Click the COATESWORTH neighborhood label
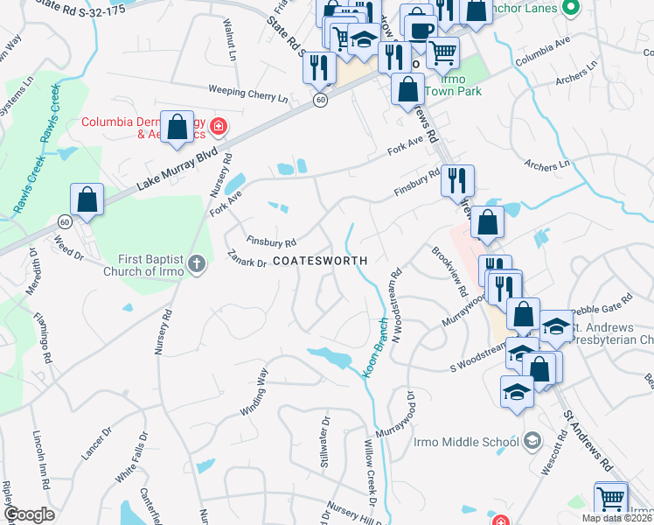(x=319, y=261)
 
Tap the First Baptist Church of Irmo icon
(x=197, y=264)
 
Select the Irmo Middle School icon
(x=532, y=441)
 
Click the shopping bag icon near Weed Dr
(x=87, y=201)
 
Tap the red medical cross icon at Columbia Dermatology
(x=218, y=128)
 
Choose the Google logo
(x=30, y=514)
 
